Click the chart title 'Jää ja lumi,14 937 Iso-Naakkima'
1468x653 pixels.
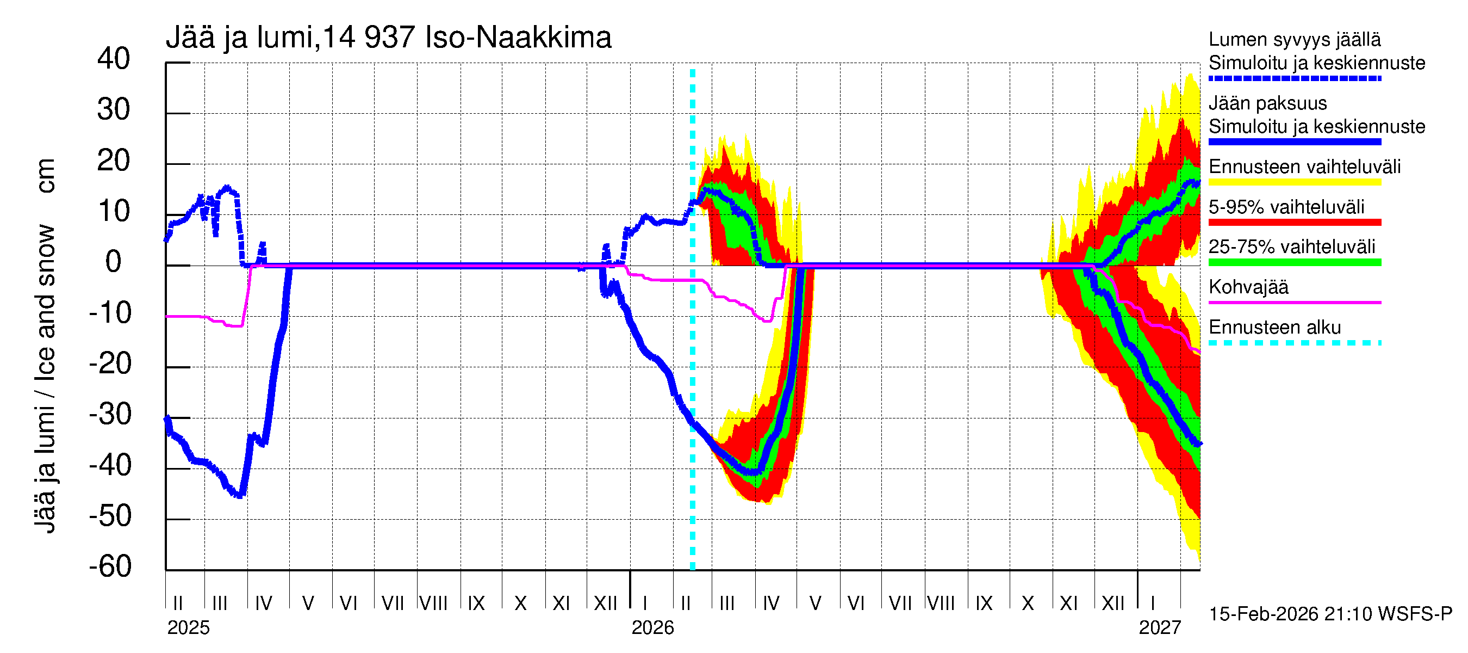(x=388, y=38)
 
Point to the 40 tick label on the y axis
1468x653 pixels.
(x=114, y=59)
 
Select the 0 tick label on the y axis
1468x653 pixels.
(x=114, y=262)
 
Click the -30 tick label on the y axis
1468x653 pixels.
(x=110, y=414)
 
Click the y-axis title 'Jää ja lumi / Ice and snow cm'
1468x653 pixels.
(x=45, y=346)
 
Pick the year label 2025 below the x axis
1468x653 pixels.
(x=188, y=628)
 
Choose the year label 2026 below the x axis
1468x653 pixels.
(x=652, y=628)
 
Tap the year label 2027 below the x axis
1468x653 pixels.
(x=1160, y=628)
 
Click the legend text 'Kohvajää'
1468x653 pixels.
(x=1248, y=287)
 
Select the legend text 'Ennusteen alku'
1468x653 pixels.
(x=1274, y=328)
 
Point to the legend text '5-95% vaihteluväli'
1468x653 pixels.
(x=1286, y=207)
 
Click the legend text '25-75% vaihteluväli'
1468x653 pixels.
(x=1291, y=247)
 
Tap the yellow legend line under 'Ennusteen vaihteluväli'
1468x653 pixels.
(x=1294, y=182)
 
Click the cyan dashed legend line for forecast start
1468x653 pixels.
(x=1294, y=343)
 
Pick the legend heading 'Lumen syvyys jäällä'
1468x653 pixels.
(x=1294, y=40)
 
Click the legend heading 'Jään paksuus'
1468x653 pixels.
(x=1267, y=103)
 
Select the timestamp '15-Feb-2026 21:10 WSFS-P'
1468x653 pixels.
(x=1330, y=614)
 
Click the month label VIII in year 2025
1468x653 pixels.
(x=433, y=603)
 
